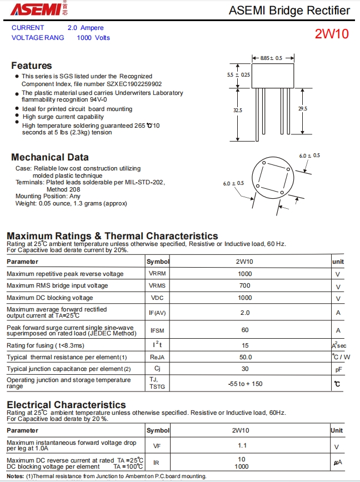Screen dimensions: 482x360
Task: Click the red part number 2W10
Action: pyautogui.click(x=332, y=34)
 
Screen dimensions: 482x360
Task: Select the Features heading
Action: pyautogui.click(x=32, y=66)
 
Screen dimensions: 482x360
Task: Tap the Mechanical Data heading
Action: pyautogui.click(x=50, y=157)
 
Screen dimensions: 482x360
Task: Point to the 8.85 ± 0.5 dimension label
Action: pyautogui.click(x=271, y=58)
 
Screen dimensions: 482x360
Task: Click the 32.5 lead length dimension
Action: pyautogui.click(x=238, y=110)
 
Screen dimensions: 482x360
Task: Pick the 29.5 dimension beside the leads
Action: pyautogui.click(x=302, y=109)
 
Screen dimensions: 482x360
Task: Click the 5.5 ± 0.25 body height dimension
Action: pyautogui.click(x=238, y=74)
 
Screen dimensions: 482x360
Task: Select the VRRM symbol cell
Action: pyautogui.click(x=157, y=274)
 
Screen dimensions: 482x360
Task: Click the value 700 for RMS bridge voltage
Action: pyautogui.click(x=244, y=285)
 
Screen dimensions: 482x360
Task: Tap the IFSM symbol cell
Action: pyautogui.click(x=157, y=330)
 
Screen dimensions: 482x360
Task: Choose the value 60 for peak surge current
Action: pyautogui.click(x=244, y=330)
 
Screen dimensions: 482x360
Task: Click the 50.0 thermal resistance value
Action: pyautogui.click(x=245, y=357)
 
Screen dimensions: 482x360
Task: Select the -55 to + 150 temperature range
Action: pyautogui.click(x=245, y=384)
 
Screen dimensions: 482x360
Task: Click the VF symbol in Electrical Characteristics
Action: pyautogui.click(x=157, y=445)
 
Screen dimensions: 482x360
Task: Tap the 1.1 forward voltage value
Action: pyautogui.click(x=243, y=445)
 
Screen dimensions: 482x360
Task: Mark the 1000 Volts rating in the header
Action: pyautogui.click(x=93, y=38)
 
